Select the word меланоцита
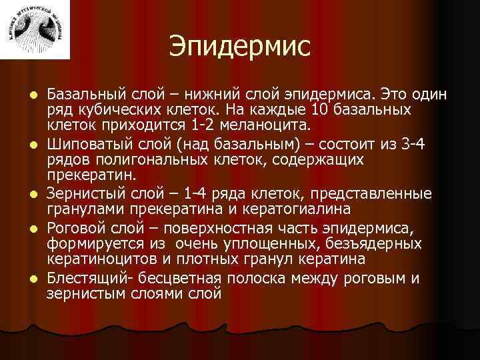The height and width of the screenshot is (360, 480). click(264, 125)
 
